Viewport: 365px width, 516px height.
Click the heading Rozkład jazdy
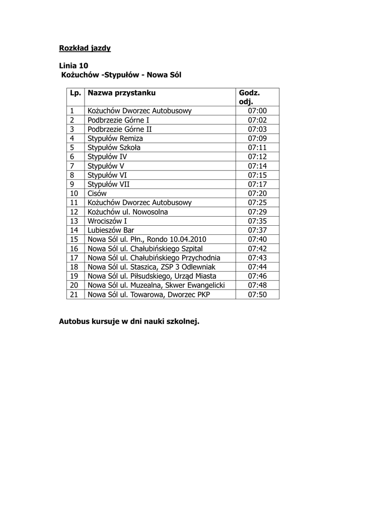[x=85, y=48]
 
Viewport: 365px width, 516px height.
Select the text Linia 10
[x=74, y=66]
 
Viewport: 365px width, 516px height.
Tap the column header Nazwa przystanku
[x=121, y=93]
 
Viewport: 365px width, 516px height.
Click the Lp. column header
[x=76, y=93]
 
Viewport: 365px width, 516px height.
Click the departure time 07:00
[x=257, y=111]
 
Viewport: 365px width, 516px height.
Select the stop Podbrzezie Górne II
[x=120, y=129]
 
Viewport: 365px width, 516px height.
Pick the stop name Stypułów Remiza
[x=115, y=138]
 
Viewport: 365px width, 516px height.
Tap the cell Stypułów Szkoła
[x=114, y=148]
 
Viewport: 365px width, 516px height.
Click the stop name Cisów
[x=97, y=193]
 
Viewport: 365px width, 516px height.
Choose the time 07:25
[x=257, y=203]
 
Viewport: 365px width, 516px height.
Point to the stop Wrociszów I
[x=107, y=221]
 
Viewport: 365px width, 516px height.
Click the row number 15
[x=75, y=239]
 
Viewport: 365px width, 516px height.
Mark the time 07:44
[x=257, y=267]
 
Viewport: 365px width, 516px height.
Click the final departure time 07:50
[x=257, y=294]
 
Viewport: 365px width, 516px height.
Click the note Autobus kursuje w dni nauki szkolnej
[x=129, y=321]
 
